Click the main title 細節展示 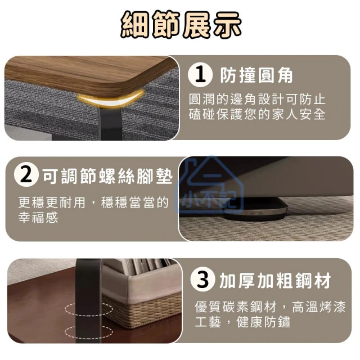coord(181,25)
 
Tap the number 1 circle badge coord(200,74)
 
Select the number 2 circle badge coord(26,175)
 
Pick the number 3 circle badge coord(202,280)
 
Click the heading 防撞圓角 coord(256,75)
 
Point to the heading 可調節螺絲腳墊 coord(107,176)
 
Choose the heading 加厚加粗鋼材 coord(275,280)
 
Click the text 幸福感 coord(38,218)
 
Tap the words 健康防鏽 coord(263,322)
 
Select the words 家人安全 coord(299,114)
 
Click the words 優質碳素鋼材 coord(235,307)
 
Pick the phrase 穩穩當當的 coord(135,202)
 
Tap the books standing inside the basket coord(147,266)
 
